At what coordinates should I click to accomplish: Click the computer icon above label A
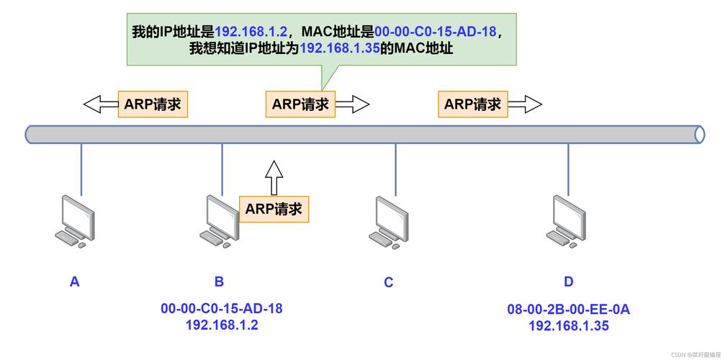(76, 222)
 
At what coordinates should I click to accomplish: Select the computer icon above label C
(391, 222)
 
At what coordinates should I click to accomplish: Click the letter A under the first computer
(75, 282)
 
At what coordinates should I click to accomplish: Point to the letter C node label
(389, 282)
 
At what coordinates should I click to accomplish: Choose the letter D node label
(569, 282)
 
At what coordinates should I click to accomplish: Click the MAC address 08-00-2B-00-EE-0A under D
(569, 310)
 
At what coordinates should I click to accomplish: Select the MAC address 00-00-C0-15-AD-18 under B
(222, 308)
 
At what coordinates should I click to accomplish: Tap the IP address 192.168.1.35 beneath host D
(569, 325)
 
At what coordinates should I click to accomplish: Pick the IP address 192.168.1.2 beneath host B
(222, 324)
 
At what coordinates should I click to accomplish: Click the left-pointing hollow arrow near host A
(101, 104)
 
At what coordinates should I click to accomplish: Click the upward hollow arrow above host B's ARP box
(274, 177)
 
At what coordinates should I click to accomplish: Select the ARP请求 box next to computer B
(274, 209)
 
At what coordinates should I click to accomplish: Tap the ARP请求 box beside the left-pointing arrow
(152, 104)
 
